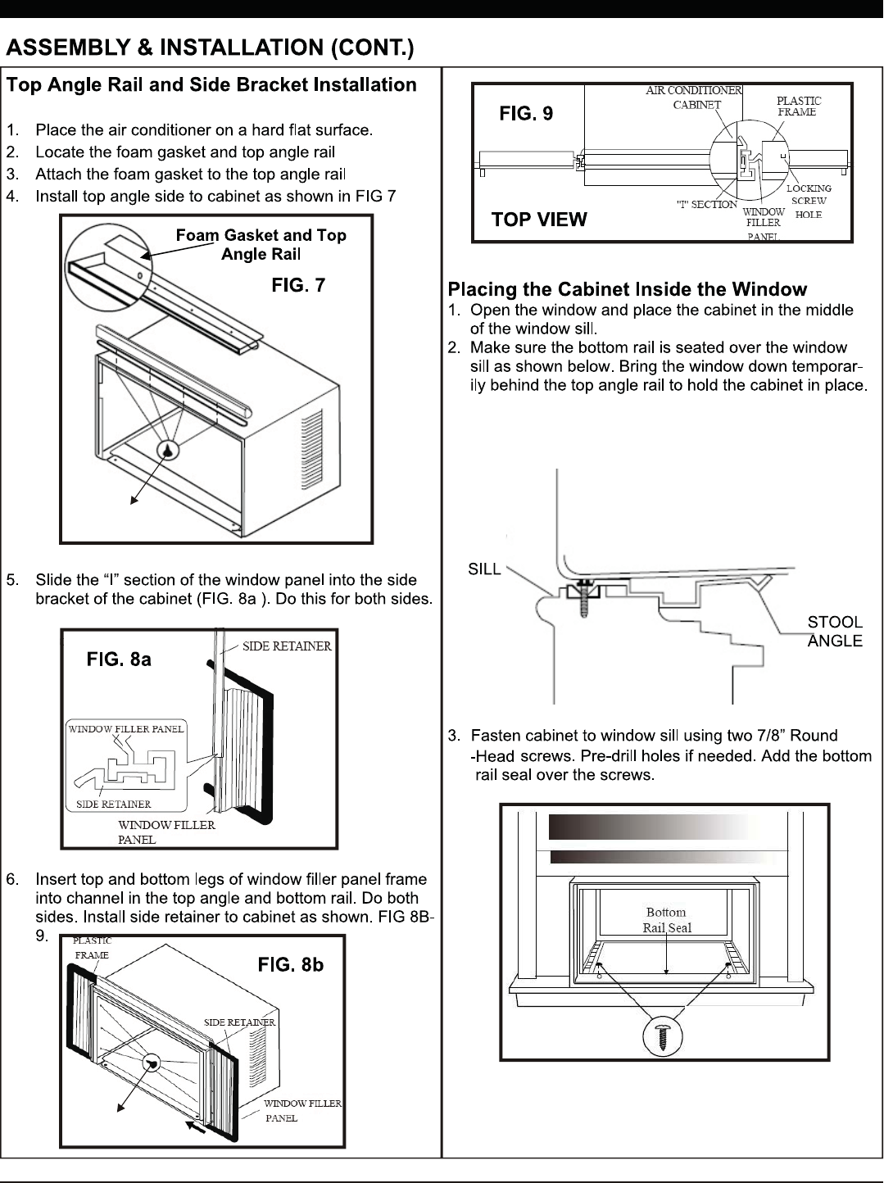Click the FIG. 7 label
(x=298, y=285)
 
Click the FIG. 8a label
(x=119, y=659)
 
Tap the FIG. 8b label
(x=291, y=965)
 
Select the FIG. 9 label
(x=526, y=114)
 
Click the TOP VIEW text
(x=539, y=220)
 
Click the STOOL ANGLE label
(x=835, y=632)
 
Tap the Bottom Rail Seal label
(x=667, y=920)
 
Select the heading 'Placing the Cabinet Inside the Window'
(x=627, y=289)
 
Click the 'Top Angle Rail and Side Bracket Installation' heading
(x=212, y=85)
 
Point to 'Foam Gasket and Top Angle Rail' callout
(x=261, y=244)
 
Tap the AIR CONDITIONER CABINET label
(x=695, y=97)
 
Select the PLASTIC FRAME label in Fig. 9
(x=798, y=107)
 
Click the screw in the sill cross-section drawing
(x=585, y=596)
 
